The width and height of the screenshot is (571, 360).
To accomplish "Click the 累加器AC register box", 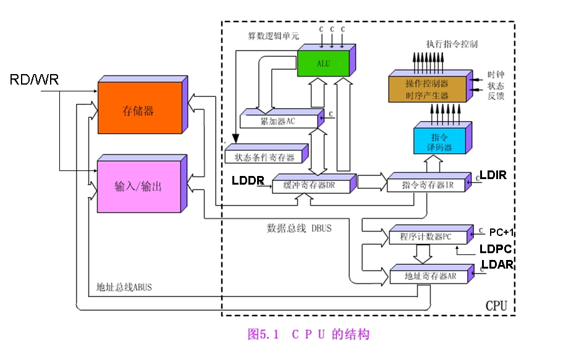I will coord(279,120).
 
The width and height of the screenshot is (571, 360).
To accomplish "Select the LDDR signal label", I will coord(248,181).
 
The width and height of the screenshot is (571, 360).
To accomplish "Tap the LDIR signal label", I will coord(493,175).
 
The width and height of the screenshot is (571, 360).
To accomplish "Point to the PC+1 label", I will coord(501,233).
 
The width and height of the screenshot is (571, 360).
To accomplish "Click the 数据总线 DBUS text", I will coord(298,228).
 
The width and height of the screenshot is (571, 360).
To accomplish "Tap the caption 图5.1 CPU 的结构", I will coord(308,335).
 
